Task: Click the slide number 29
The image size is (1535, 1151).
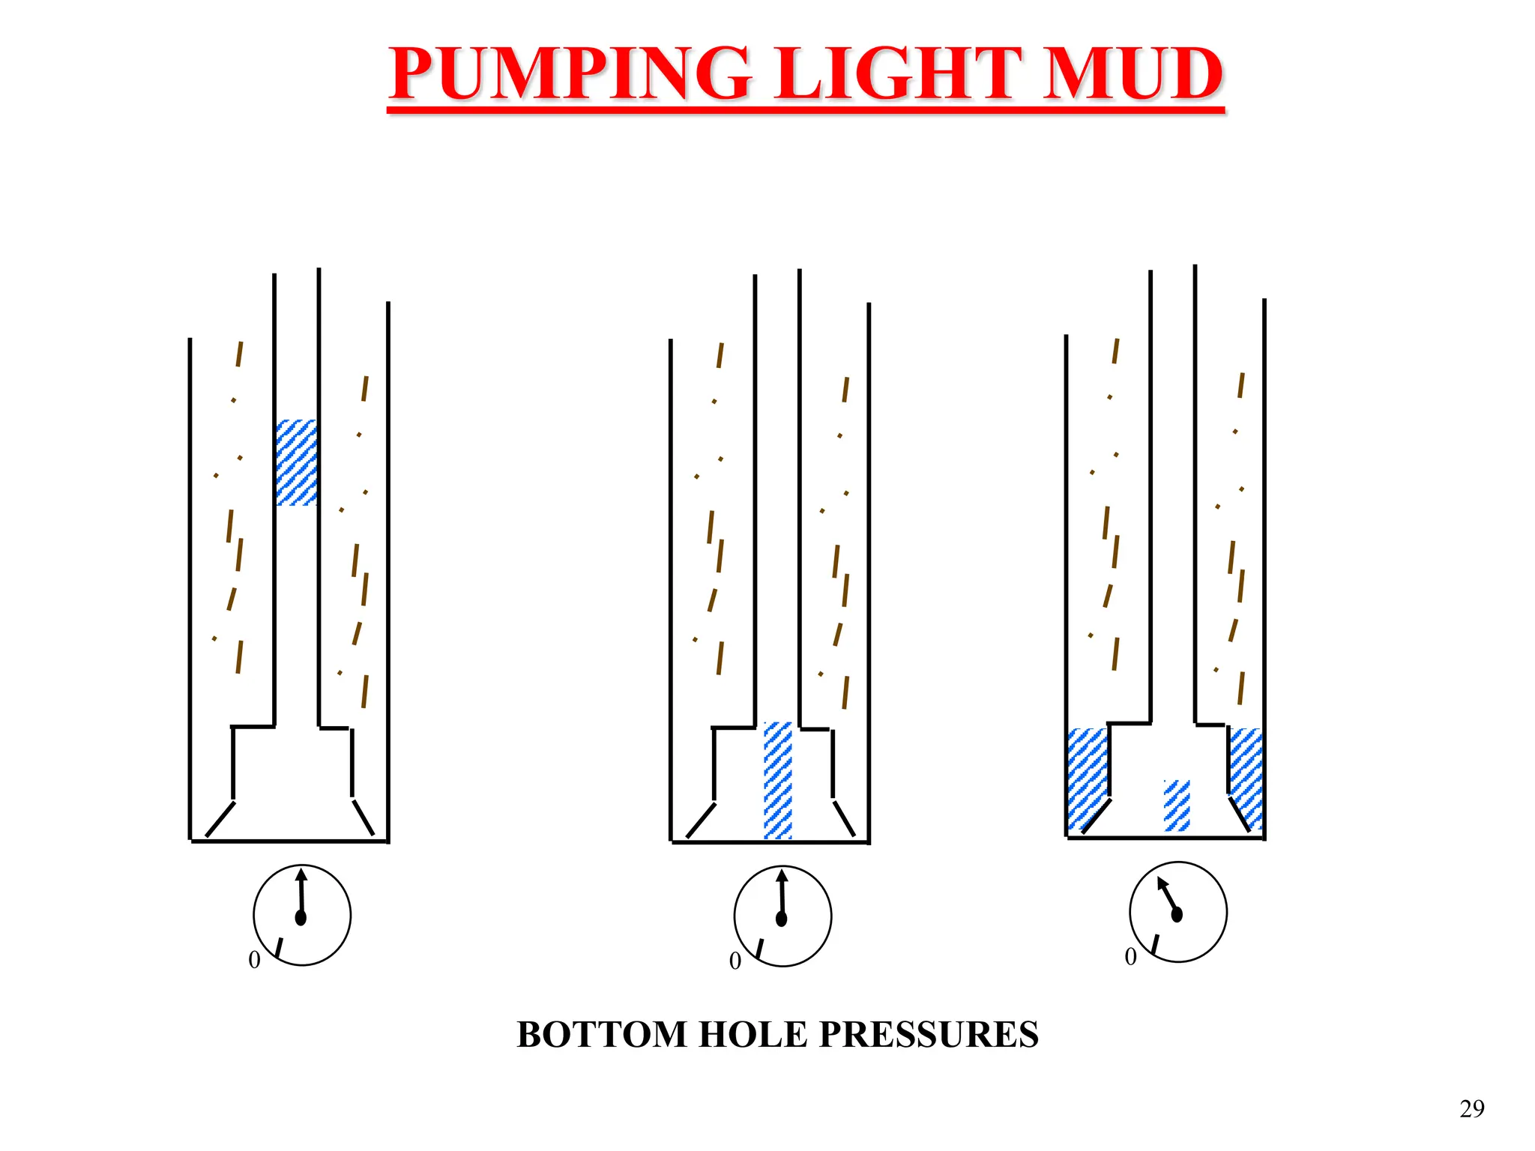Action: [1471, 1108]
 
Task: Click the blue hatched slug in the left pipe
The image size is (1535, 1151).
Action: [296, 462]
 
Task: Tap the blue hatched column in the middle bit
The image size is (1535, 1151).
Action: [777, 779]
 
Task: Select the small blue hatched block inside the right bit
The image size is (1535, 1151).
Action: [1176, 805]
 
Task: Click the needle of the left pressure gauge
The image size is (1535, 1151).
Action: [302, 895]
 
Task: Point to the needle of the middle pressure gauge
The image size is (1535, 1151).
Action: [782, 896]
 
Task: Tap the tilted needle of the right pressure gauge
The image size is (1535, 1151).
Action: [1168, 895]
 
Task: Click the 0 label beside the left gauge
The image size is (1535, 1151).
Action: [254, 960]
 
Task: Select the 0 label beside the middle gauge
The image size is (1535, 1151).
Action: [735, 961]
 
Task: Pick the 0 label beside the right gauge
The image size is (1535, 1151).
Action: [1130, 957]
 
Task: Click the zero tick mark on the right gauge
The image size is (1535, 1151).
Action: [1155, 945]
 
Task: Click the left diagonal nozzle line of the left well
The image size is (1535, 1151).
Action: [220, 819]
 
